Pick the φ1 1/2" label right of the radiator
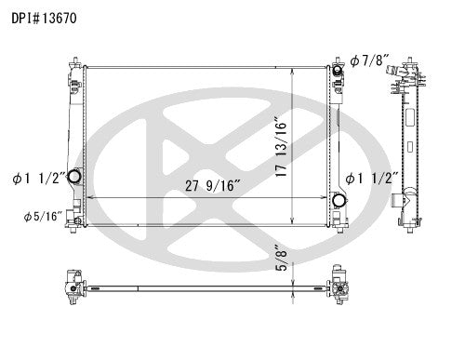374,178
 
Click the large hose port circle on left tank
75,178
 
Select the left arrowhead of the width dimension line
86,198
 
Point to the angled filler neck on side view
407,71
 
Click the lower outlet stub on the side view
402,199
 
